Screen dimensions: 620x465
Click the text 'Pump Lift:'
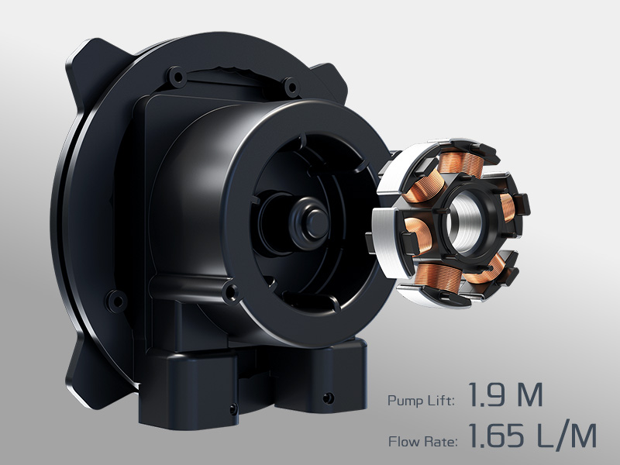tap(421, 400)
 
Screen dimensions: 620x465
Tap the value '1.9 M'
tap(505, 394)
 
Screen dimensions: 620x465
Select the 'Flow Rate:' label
tap(422, 441)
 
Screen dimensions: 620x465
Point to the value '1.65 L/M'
tap(532, 436)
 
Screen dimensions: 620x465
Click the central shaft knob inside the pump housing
tap(313, 222)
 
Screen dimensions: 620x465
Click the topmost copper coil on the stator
tap(463, 162)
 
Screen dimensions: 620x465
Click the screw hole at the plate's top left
tap(176, 76)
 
